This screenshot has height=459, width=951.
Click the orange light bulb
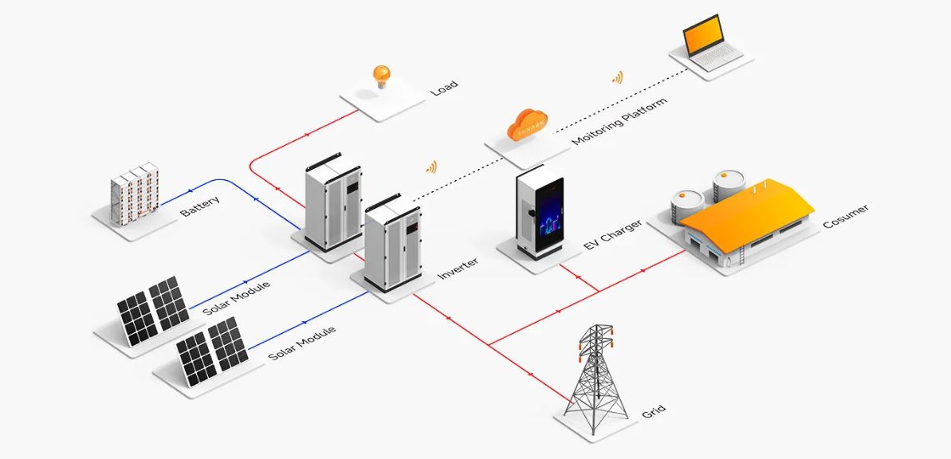(382, 76)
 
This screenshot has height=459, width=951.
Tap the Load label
(443, 88)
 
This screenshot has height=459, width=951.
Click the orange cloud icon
(529, 126)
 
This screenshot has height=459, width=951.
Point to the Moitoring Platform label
(620, 120)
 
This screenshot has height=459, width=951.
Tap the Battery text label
(200, 206)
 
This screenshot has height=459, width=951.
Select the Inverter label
(458, 269)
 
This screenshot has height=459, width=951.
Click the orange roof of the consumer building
(748, 212)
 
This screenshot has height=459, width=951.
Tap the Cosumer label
(846, 216)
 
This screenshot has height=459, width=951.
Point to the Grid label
(653, 410)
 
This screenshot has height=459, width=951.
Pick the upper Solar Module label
(236, 298)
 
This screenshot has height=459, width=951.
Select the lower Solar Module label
(301, 343)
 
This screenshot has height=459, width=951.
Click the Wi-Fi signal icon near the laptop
(618, 77)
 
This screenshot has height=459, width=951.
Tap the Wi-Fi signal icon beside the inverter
(431, 167)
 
